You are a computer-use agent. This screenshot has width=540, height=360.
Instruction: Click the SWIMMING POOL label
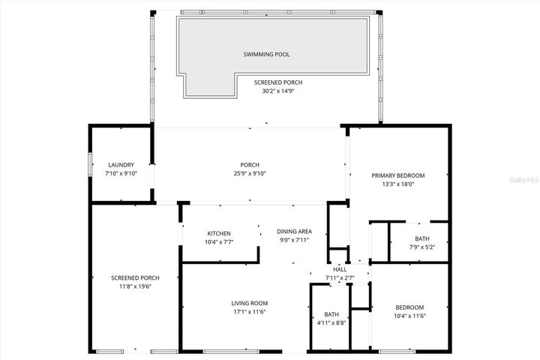coord(266,55)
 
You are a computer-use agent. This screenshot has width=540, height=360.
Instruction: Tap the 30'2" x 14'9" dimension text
coord(278,91)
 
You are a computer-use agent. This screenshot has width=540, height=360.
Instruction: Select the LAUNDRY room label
coord(121,165)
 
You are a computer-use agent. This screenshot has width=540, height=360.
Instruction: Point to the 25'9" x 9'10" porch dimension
coord(249,173)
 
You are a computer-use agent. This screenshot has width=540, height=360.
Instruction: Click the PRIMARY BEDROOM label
coord(398,175)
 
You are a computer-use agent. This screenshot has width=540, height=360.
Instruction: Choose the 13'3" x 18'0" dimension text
coord(398,184)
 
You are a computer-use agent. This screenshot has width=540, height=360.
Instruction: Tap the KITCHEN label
coord(219,233)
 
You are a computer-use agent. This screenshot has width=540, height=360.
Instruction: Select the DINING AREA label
coord(294,231)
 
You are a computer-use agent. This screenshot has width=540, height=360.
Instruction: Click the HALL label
coord(340,269)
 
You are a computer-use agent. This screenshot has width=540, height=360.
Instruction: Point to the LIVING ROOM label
coord(249,303)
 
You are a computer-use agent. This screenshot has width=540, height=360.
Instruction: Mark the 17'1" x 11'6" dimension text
coord(249,312)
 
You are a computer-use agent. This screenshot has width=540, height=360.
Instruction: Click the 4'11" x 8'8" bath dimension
coord(331,322)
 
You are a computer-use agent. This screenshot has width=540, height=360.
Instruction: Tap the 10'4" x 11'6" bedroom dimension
coord(410,316)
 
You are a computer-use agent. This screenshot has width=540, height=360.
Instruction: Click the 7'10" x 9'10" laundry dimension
coord(121,173)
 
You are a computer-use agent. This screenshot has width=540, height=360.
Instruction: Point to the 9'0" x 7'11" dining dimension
coord(294,240)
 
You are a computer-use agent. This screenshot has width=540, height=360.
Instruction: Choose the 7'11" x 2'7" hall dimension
coord(340,278)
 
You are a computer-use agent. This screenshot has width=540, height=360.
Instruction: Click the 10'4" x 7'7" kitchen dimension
coord(219,241)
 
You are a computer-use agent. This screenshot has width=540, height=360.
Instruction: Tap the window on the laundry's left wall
coord(91,164)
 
